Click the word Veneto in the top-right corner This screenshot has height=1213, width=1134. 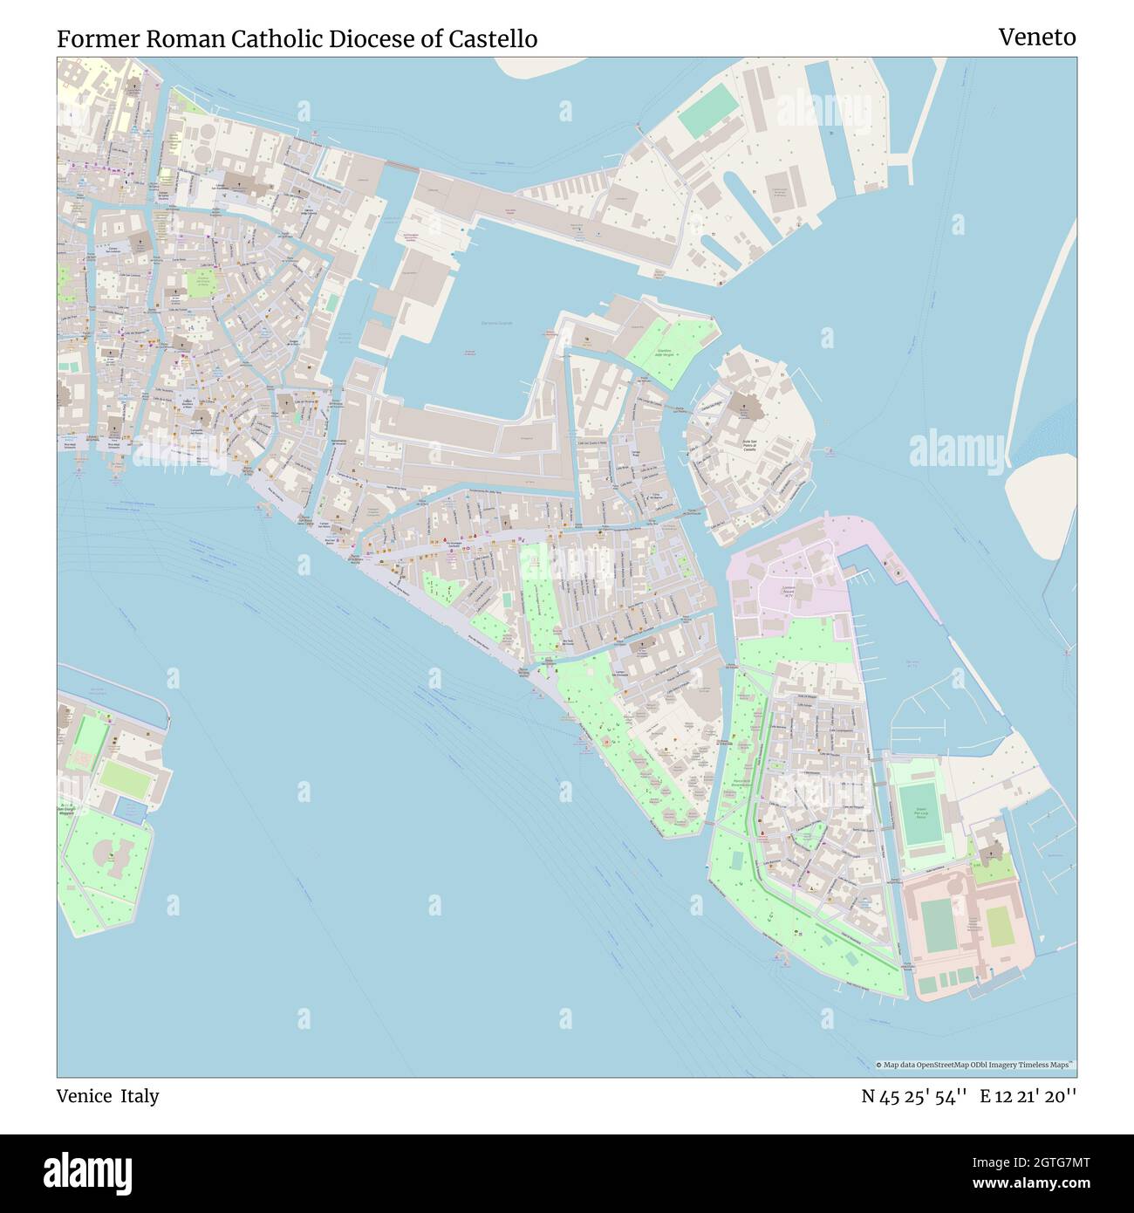1036,38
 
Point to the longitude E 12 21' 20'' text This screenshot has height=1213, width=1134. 1028,1096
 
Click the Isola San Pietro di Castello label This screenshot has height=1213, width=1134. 755,445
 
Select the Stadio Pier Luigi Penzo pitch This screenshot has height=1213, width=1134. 919,814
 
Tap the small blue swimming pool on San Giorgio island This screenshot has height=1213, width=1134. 130,811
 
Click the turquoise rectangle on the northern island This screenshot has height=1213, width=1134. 708,114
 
